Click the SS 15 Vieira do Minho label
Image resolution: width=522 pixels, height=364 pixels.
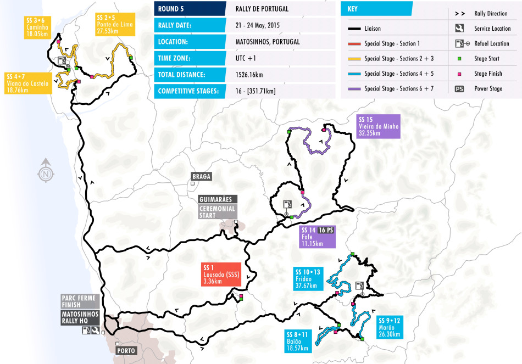[x=379, y=126]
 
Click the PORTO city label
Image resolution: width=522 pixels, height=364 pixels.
[x=126, y=350]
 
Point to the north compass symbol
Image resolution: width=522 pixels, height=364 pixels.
[x=46, y=171]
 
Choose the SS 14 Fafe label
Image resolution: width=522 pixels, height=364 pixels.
[x=317, y=237]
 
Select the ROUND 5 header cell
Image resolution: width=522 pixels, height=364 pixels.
[x=190, y=8]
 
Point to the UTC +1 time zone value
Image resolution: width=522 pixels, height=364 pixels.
[x=245, y=58]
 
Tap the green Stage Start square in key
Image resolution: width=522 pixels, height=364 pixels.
[x=459, y=59]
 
